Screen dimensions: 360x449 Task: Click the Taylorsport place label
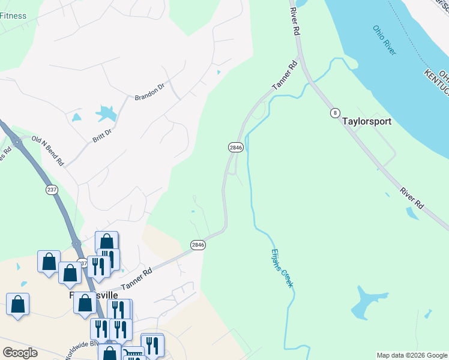(x=366, y=121)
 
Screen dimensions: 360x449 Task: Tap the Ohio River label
(x=384, y=40)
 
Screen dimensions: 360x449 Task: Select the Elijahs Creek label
(x=282, y=268)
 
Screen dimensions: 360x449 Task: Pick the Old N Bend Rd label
(x=47, y=151)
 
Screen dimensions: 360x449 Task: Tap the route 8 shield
(x=335, y=113)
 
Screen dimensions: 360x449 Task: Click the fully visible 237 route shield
(x=52, y=189)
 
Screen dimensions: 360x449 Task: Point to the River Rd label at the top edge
(x=294, y=22)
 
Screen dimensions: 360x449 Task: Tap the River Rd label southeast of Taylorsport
(x=412, y=197)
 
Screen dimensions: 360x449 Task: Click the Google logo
(x=20, y=353)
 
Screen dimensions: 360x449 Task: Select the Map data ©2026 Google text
(x=412, y=355)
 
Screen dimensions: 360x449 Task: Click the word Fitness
(x=13, y=16)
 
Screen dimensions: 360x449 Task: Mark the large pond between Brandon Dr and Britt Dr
(x=106, y=112)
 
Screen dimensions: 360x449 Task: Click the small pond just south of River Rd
(x=412, y=212)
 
